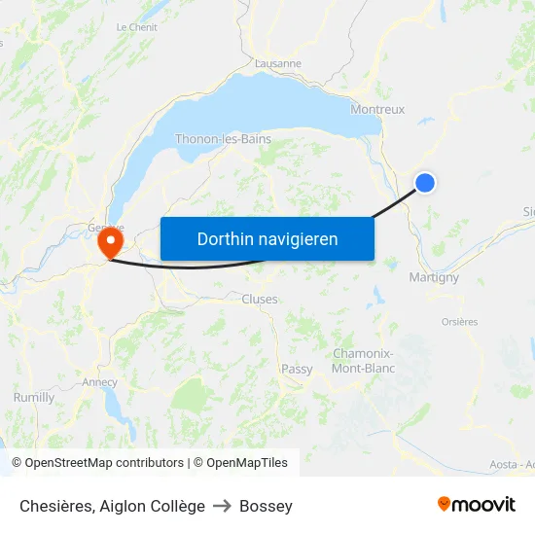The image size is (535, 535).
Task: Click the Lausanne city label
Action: click(x=278, y=64)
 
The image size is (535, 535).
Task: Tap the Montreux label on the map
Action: click(x=377, y=110)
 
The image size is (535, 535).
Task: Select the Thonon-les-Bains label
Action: click(x=223, y=139)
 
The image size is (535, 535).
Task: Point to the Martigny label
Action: click(x=434, y=277)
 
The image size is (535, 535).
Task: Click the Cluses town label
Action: click(x=260, y=300)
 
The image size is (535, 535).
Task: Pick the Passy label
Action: click(x=297, y=369)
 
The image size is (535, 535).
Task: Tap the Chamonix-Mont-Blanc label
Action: click(x=363, y=361)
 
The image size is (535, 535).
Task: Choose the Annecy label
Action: click(x=100, y=382)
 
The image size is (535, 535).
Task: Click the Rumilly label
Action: click(x=34, y=398)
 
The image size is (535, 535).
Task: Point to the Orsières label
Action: click(x=459, y=322)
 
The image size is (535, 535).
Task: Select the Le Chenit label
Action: click(x=136, y=28)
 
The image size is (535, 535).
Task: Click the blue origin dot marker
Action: click(x=425, y=182)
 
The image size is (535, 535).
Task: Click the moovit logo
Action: click(x=477, y=505)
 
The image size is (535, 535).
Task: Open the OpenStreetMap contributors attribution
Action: click(x=97, y=463)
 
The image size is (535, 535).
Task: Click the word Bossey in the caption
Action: click(x=266, y=506)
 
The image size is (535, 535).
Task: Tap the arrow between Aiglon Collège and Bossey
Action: click(x=222, y=506)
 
